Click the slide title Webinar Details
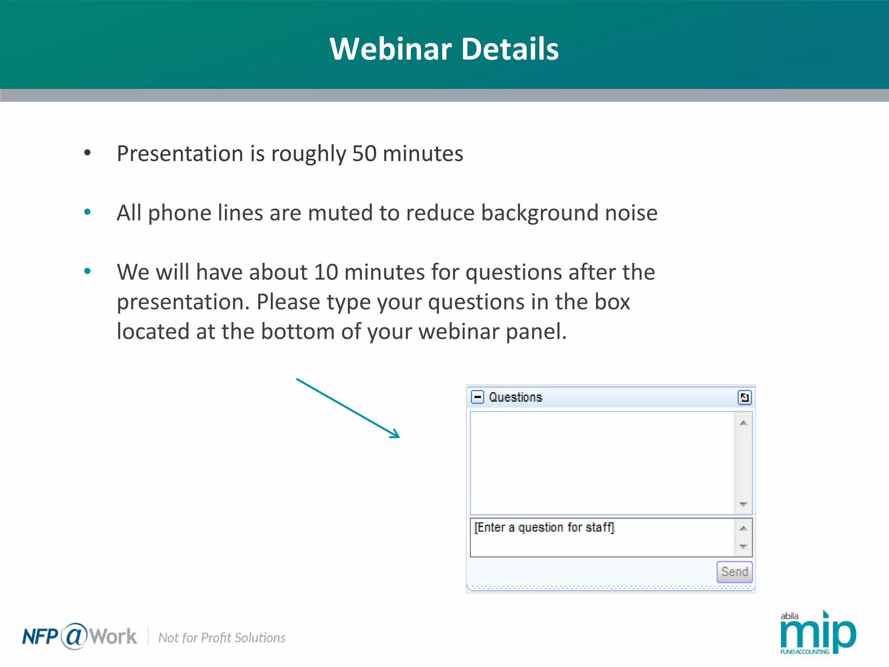click(x=444, y=49)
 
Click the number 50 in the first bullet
click(x=364, y=154)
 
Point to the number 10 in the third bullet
click(x=326, y=272)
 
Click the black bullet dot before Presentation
click(x=88, y=153)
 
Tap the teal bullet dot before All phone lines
click(x=88, y=212)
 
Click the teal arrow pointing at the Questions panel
click(x=348, y=408)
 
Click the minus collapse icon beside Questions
click(x=477, y=397)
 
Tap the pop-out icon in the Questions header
click(x=744, y=397)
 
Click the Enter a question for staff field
click(x=601, y=537)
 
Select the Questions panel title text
click(x=515, y=397)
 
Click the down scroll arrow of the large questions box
click(x=743, y=504)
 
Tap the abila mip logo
click(x=817, y=633)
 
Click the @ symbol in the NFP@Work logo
click(x=74, y=636)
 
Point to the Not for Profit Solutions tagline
click(x=222, y=637)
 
